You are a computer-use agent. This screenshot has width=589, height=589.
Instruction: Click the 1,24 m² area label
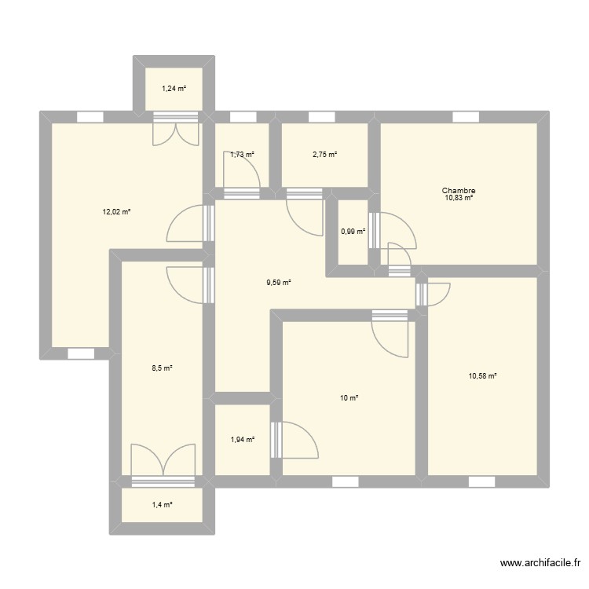[174, 89]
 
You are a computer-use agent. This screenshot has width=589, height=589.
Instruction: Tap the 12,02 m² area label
[115, 211]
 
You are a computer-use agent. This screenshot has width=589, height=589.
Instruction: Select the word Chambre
[459, 190]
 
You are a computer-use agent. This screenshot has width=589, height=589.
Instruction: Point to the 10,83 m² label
[459, 198]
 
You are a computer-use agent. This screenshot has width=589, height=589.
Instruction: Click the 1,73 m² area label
[242, 155]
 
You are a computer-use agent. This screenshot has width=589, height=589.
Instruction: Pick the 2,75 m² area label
[324, 155]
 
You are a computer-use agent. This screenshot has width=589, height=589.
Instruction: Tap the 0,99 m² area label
[353, 231]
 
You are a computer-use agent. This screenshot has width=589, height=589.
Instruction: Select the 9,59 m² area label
[279, 282]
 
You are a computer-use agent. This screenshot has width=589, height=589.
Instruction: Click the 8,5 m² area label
[161, 368]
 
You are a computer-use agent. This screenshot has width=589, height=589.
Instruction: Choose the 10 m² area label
[349, 398]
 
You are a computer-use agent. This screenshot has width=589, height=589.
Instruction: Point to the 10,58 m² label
[482, 376]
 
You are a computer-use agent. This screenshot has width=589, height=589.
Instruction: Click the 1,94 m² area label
[242, 440]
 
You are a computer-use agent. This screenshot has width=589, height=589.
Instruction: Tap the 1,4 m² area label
[161, 505]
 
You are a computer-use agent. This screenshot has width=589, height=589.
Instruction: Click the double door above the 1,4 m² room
[163, 463]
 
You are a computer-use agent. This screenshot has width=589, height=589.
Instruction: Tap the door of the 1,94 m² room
[294, 441]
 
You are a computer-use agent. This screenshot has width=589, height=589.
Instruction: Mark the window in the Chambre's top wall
[466, 117]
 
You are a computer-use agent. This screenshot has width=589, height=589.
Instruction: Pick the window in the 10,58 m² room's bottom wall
[481, 481]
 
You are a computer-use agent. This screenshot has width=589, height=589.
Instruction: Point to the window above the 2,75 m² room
[321, 117]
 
